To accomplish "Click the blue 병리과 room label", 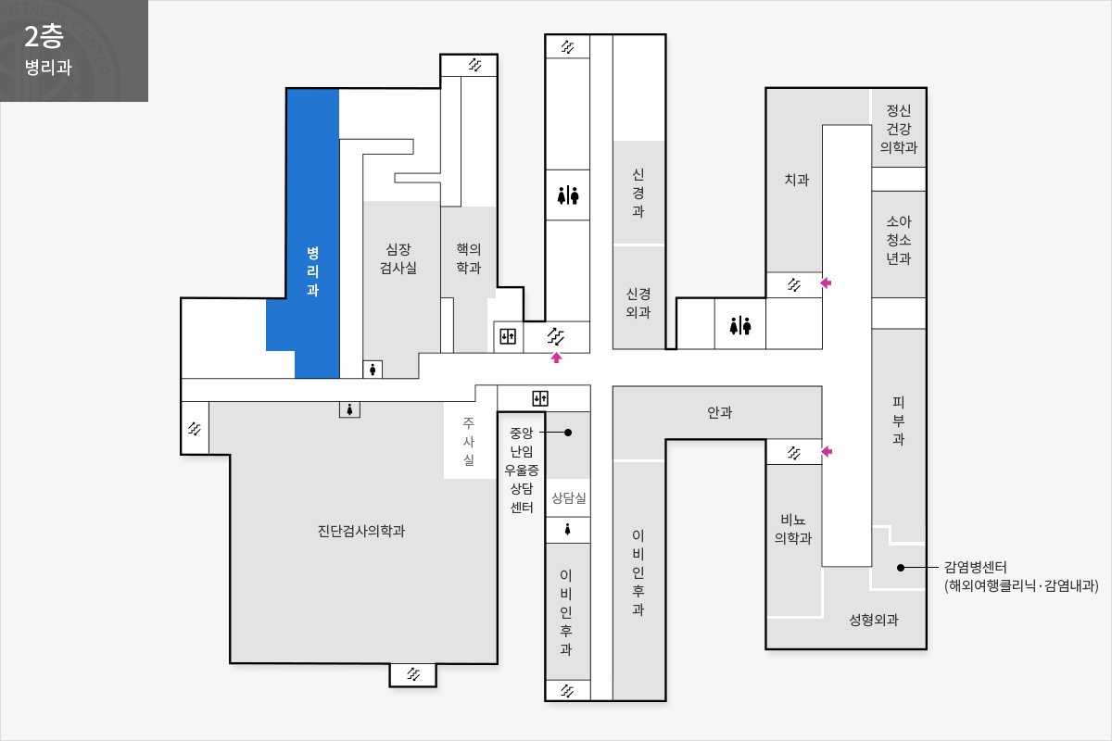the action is pyautogui.click(x=312, y=271).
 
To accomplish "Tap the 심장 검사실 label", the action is pyautogui.click(x=398, y=258).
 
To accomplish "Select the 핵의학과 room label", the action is pyautogui.click(x=469, y=258).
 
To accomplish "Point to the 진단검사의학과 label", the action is pyautogui.click(x=361, y=531).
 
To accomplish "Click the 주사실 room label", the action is pyautogui.click(x=469, y=441).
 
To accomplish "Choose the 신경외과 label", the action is pyautogui.click(x=638, y=303).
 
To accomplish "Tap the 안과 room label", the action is pyautogui.click(x=719, y=412).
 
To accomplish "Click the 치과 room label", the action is pyautogui.click(x=796, y=179).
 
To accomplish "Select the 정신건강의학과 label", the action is pyautogui.click(x=899, y=129).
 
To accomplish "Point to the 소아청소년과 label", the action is pyautogui.click(x=899, y=240).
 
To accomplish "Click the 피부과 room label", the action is pyautogui.click(x=899, y=421).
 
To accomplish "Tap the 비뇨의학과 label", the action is pyautogui.click(x=793, y=529).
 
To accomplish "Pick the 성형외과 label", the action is pyautogui.click(x=874, y=620).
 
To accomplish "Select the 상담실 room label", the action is pyautogui.click(x=568, y=497).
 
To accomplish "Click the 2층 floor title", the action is pyautogui.click(x=44, y=37).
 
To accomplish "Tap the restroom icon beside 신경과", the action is pyautogui.click(x=568, y=195).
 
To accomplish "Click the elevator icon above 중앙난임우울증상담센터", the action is pyautogui.click(x=540, y=398).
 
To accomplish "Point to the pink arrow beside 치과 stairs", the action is pyautogui.click(x=826, y=283).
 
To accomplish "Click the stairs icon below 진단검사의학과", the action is pyautogui.click(x=413, y=674).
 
